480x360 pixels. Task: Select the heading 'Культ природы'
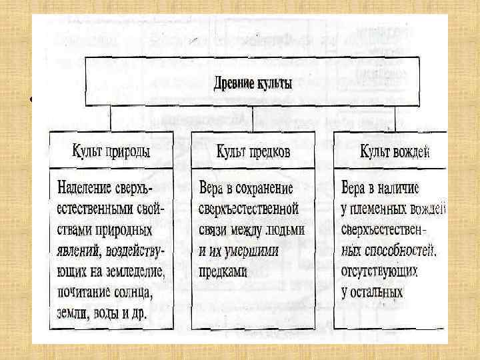click(111, 151)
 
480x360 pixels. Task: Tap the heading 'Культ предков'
click(253, 151)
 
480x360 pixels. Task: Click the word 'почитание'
click(84, 292)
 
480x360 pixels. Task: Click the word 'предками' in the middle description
click(223, 272)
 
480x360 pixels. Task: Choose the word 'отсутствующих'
click(379, 272)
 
